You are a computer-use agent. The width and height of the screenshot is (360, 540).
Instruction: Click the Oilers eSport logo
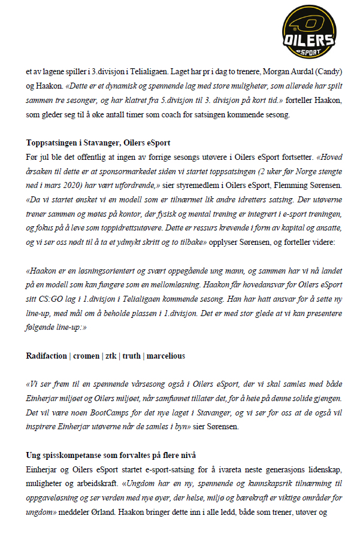(308, 30)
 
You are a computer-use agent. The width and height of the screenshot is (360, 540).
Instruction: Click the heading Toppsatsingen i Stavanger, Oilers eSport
(98, 142)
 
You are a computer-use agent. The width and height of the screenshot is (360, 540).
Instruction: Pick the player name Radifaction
(46, 356)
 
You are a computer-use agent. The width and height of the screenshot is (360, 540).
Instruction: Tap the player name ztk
(112, 356)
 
